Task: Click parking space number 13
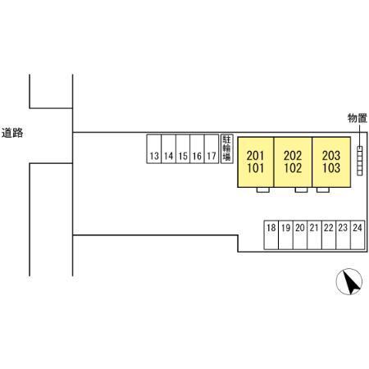pos(154,148)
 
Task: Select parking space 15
pos(183,148)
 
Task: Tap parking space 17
pos(212,148)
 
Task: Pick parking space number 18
pos(271,235)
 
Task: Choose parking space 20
pos(300,235)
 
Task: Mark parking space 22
pos(329,235)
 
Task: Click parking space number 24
pos(358,235)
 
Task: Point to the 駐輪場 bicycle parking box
pos(227,148)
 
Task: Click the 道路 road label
pos(12,133)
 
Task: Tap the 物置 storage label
pos(358,118)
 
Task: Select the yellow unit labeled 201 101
pos(256,162)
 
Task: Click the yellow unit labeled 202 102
pos(293,162)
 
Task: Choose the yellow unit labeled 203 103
pos(331,162)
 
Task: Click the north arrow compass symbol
pos(349,281)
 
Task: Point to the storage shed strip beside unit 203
pos(360,161)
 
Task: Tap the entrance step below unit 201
pos(263,190)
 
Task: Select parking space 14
pos(168,148)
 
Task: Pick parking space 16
pos(197,148)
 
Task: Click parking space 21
pos(314,235)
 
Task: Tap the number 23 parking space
pos(343,235)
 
